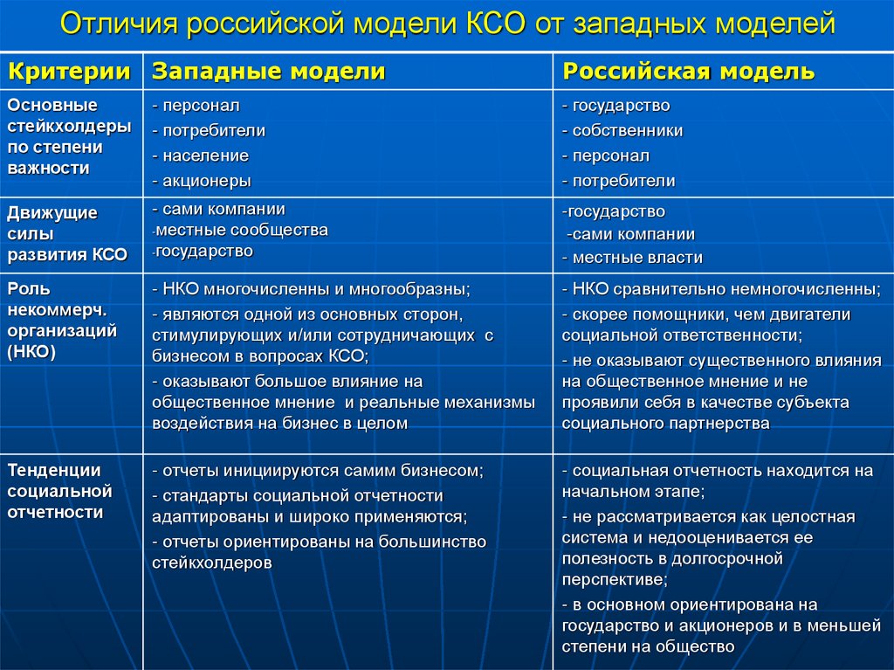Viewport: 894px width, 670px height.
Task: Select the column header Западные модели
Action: pos(269,71)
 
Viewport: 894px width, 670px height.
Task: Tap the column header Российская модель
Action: pos(689,71)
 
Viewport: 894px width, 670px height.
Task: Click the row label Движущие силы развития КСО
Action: pos(67,233)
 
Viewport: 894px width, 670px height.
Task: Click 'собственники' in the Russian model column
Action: pos(627,131)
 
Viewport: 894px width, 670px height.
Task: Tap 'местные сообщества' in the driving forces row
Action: pos(242,231)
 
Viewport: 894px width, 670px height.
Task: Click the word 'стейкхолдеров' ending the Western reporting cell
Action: pos(211,563)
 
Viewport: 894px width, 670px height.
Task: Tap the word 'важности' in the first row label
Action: pos(48,168)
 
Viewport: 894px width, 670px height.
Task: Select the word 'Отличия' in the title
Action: pos(117,24)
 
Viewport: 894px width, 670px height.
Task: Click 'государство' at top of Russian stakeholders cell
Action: pos(621,106)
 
